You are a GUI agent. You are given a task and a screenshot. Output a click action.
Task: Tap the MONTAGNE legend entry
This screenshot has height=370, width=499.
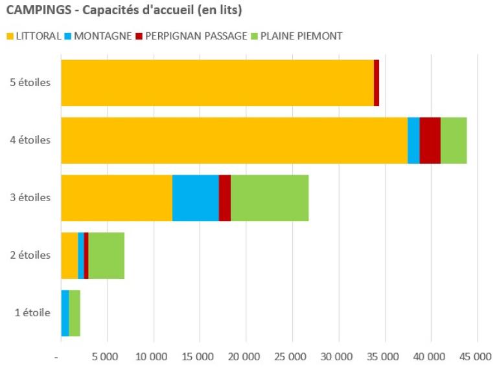[100, 36]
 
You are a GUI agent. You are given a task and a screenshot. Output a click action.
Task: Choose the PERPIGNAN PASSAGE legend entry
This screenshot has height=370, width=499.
[194, 36]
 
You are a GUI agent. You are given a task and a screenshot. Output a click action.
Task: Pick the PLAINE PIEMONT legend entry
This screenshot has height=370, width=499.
[301, 36]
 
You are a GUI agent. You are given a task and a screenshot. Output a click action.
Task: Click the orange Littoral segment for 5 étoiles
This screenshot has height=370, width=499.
[217, 83]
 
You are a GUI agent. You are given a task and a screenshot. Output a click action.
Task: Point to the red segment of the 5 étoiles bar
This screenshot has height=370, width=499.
[377, 83]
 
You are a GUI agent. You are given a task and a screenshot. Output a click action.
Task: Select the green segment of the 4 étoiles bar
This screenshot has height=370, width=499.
[454, 140]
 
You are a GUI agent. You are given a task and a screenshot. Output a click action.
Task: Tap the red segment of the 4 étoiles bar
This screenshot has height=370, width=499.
[430, 140]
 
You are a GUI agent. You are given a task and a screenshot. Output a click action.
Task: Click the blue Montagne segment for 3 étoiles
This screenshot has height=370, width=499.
[195, 198]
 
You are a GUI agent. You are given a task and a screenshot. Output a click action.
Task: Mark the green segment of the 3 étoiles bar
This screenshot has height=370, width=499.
[270, 198]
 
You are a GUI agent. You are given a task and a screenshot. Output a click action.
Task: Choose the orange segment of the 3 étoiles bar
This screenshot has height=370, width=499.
[117, 198]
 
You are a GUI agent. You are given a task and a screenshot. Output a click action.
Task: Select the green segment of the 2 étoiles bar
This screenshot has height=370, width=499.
[106, 256]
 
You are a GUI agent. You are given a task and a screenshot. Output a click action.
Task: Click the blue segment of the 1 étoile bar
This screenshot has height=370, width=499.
[65, 313]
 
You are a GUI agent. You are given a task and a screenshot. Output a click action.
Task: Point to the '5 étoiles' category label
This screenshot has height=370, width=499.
[31, 83]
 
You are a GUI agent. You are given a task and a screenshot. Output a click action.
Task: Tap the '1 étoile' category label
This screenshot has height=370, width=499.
[32, 313]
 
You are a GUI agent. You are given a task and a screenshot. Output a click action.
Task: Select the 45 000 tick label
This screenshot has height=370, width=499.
[477, 356]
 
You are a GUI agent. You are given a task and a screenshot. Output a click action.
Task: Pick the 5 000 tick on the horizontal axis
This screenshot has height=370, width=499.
[108, 356]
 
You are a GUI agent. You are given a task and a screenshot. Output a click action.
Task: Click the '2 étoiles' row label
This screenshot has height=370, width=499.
[31, 256]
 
